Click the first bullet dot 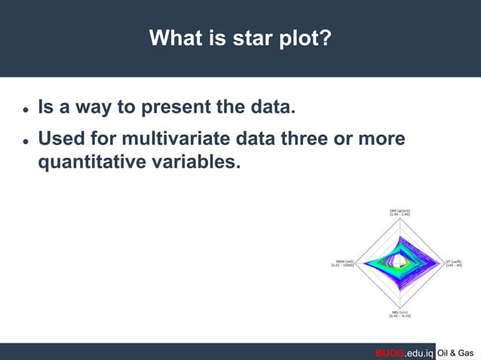(25, 109)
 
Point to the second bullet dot (25, 141)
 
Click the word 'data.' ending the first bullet (268, 107)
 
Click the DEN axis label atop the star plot (400, 212)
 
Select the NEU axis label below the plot (400, 313)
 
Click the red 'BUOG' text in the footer (391, 352)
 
